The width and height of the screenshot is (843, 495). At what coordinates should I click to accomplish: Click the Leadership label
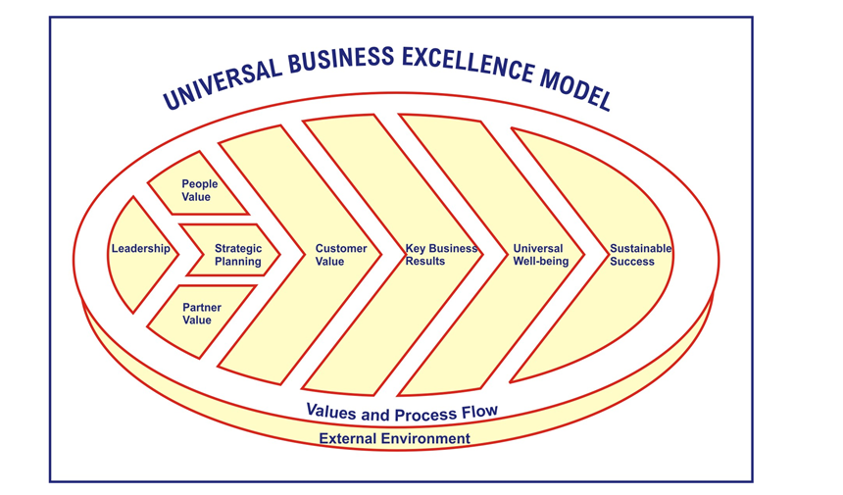click(x=140, y=249)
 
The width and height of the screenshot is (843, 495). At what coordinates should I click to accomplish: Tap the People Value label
click(x=200, y=190)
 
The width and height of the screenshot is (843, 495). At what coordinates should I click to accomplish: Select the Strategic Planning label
click(x=238, y=255)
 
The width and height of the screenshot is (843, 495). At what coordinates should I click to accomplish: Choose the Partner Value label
click(x=202, y=314)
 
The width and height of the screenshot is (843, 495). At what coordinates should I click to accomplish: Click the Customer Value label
click(x=341, y=255)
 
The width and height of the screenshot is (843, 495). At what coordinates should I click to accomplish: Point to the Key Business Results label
click(x=441, y=255)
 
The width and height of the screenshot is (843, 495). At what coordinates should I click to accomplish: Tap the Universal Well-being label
click(x=540, y=255)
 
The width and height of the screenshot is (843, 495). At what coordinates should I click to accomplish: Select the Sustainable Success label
click(x=640, y=255)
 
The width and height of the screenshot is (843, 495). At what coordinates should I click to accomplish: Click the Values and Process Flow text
click(x=402, y=411)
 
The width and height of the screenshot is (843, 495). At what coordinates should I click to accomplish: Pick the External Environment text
click(x=394, y=438)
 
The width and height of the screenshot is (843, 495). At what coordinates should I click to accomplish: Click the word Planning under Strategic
click(x=238, y=262)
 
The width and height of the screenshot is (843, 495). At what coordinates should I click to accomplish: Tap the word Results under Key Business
click(x=425, y=262)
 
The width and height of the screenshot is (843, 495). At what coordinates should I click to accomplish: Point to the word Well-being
click(x=540, y=262)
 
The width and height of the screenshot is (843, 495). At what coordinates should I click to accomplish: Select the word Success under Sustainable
click(x=632, y=262)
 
